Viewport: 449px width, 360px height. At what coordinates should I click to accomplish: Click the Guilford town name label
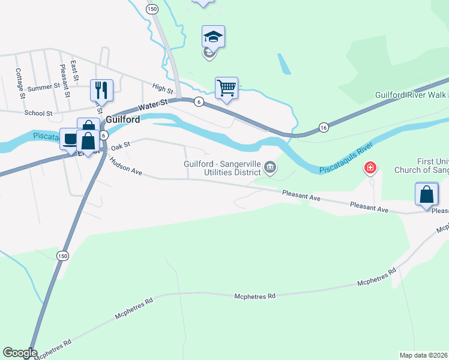(x=123, y=119)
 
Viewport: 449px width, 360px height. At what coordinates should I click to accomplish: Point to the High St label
(x=163, y=89)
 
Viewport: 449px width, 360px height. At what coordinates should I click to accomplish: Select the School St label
(x=38, y=113)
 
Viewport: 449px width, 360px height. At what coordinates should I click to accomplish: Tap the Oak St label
(x=120, y=146)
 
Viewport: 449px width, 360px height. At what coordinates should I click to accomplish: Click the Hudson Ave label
(x=125, y=171)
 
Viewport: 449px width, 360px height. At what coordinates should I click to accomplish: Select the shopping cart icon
(x=227, y=88)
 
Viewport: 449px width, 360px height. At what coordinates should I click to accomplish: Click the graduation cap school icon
(x=213, y=37)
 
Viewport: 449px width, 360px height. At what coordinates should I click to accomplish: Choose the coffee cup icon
(x=70, y=139)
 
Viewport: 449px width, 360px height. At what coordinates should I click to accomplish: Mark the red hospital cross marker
(x=371, y=167)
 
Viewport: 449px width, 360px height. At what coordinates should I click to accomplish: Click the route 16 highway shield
(x=324, y=127)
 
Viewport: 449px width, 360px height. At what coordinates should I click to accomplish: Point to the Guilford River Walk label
(x=412, y=95)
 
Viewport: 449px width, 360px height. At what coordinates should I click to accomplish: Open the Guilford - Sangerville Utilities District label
(x=222, y=168)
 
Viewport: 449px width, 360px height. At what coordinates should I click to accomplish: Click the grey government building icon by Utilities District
(x=270, y=167)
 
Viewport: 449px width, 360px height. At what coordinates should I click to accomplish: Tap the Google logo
(x=19, y=353)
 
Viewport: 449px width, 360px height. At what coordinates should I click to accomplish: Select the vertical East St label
(x=74, y=70)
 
